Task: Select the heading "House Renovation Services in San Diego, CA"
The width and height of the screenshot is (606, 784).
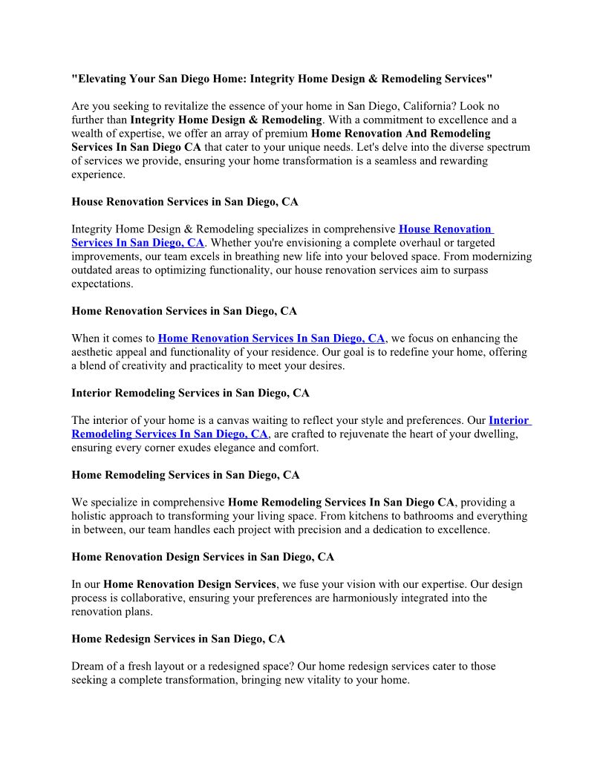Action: click(185, 202)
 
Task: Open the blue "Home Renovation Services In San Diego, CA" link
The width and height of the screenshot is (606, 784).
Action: click(271, 339)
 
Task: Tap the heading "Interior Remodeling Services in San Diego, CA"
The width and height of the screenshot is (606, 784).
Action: click(190, 393)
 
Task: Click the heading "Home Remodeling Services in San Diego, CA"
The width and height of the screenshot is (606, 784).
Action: click(185, 475)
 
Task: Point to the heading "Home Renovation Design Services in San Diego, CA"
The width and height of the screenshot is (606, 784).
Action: click(203, 557)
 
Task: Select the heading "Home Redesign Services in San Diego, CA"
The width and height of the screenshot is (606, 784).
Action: click(178, 638)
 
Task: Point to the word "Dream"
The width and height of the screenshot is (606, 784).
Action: click(88, 667)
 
